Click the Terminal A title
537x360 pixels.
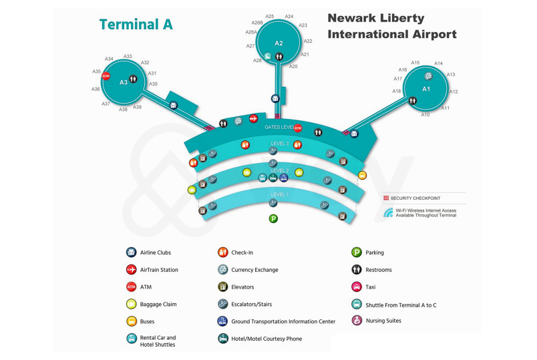(136, 25)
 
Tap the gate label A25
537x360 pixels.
(270, 16)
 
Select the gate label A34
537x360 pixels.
(109, 59)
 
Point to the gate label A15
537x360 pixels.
(415, 63)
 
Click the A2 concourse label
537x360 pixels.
(279, 43)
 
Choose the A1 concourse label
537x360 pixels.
(426, 89)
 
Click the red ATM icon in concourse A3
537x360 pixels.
(105, 77)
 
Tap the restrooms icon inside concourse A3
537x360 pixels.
(134, 79)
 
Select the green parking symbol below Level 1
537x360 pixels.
(273, 218)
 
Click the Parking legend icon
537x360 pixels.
(357, 252)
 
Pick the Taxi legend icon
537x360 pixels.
(357, 287)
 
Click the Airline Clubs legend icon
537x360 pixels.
(131, 252)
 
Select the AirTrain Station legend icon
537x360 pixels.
(131, 270)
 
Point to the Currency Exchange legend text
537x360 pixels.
(254, 270)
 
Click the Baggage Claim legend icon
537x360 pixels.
(131, 305)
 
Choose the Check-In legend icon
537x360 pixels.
(223, 252)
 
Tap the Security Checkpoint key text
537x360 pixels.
(415, 198)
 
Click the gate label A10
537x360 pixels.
(425, 115)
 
